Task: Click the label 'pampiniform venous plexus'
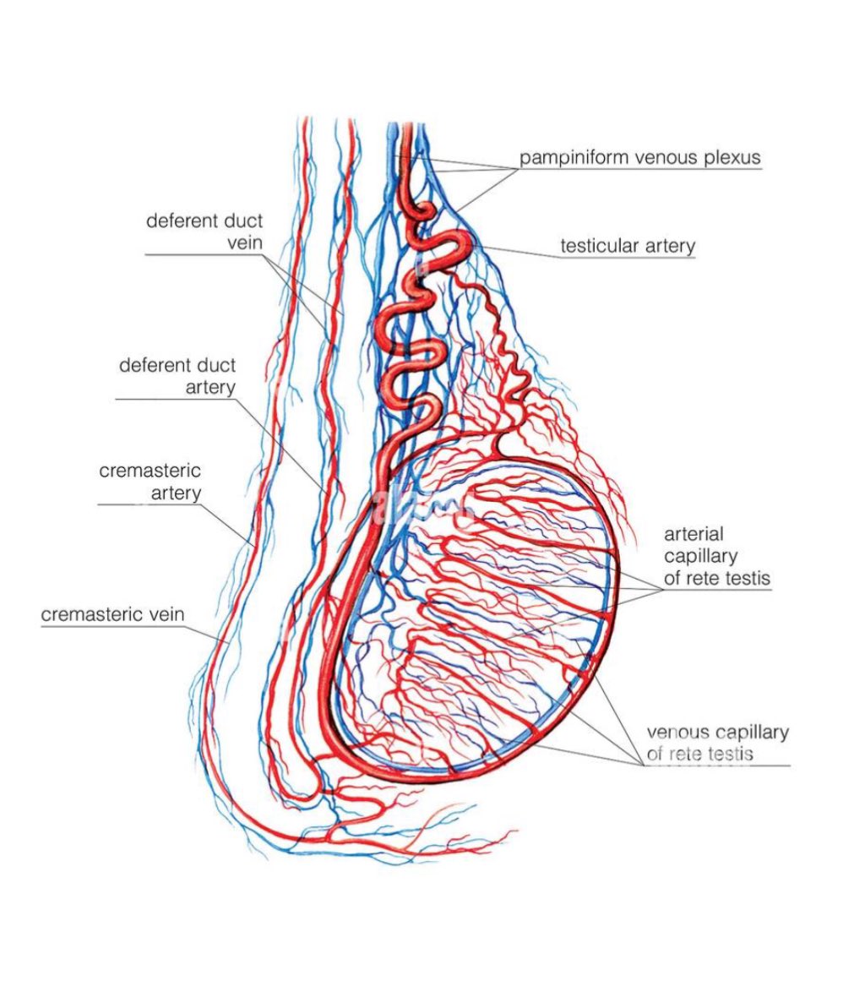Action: pos(639,157)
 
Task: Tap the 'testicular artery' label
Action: pos(628,246)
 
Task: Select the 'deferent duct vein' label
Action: pos(204,232)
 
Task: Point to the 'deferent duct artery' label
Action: pos(177,376)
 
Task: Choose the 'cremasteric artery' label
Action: pos(150,481)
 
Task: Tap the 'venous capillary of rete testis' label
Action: pos(717,742)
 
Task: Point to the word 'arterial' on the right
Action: pos(694,534)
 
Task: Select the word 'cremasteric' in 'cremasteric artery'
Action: pos(150,471)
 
